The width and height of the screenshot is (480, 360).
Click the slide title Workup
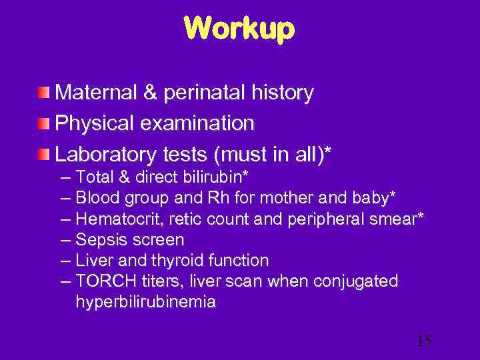(239, 28)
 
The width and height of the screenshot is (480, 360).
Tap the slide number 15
(424, 341)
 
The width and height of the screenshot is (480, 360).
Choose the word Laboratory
(105, 154)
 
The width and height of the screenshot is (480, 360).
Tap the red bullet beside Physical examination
(43, 123)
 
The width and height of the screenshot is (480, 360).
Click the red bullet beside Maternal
(43, 93)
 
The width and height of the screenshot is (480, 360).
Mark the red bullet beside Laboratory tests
(43, 154)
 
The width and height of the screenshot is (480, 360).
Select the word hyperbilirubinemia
(145, 301)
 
